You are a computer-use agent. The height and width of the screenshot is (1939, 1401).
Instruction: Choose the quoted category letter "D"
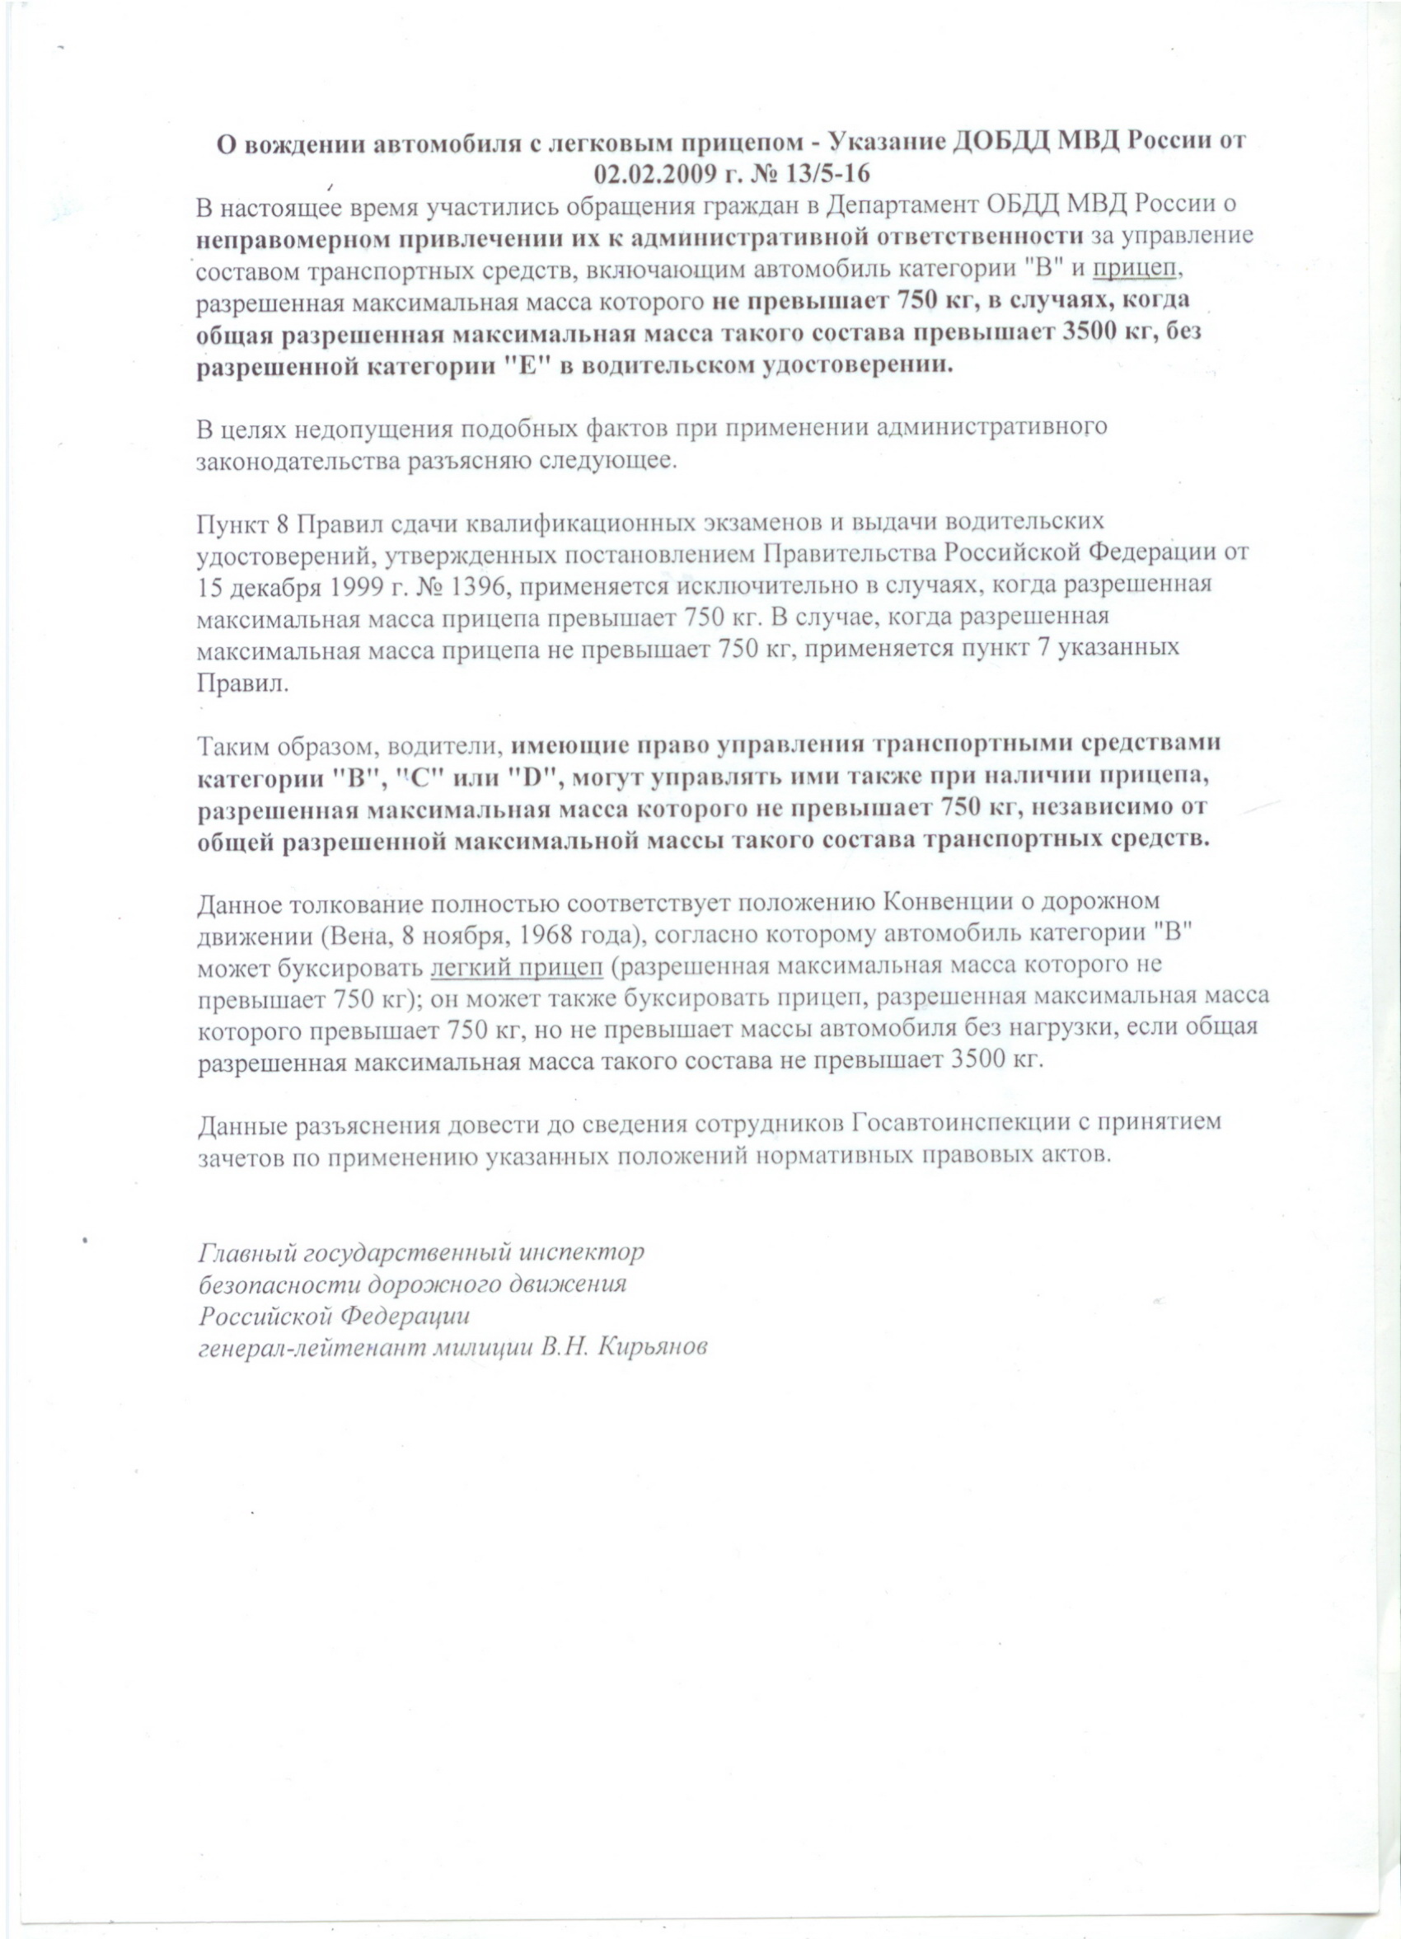pyautogui.click(x=536, y=776)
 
